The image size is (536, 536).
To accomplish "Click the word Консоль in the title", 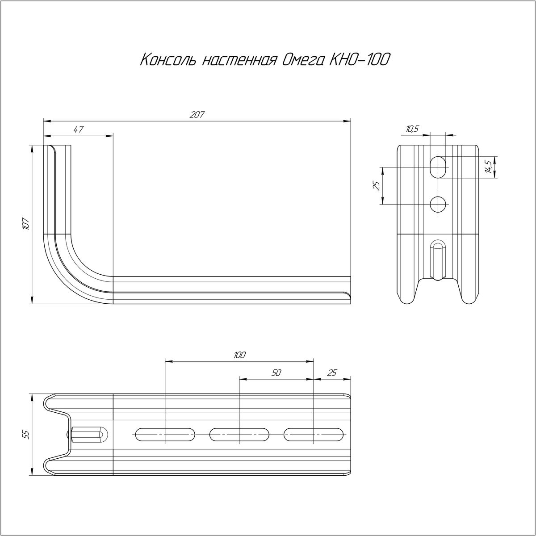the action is tap(170, 60).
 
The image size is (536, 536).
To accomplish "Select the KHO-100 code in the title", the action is tap(359, 60).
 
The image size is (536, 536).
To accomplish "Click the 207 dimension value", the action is tap(197, 115).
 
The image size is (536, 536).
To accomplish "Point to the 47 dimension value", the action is tap(79, 130).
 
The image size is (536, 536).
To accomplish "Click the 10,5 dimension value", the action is tap(412, 129).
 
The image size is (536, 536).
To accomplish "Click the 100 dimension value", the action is tap(239, 355).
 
